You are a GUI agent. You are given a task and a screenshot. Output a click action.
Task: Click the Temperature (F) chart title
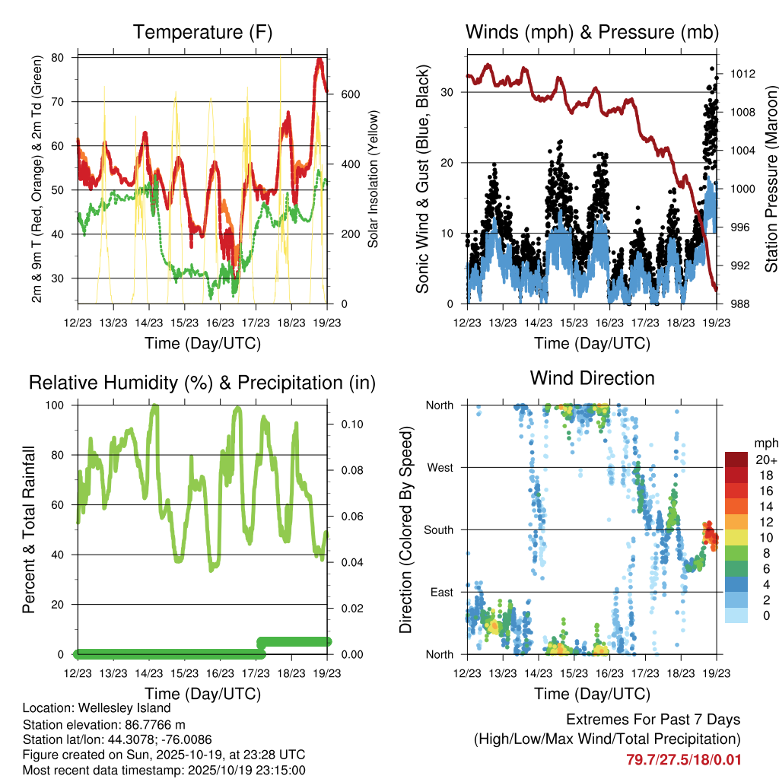pyautogui.click(x=202, y=32)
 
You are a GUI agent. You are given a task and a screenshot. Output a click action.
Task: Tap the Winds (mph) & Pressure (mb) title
pyautogui.click(x=592, y=32)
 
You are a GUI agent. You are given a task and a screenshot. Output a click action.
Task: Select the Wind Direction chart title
pyautogui.click(x=592, y=377)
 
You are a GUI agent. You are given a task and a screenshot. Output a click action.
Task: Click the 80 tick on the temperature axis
pyautogui.click(x=58, y=58)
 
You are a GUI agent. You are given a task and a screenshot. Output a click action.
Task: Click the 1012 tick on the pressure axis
pyautogui.click(x=742, y=74)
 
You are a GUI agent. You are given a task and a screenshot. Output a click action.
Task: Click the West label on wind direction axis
pyautogui.click(x=440, y=467)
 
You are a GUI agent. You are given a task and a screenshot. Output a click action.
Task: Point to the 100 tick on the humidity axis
pyautogui.click(x=55, y=405)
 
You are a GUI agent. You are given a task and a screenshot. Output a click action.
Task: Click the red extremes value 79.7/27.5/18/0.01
pyautogui.click(x=683, y=759)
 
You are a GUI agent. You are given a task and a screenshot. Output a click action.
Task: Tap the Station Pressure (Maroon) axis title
pyautogui.click(x=770, y=179)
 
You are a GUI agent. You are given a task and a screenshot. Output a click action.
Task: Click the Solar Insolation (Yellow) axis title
pyautogui.click(x=374, y=179)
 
